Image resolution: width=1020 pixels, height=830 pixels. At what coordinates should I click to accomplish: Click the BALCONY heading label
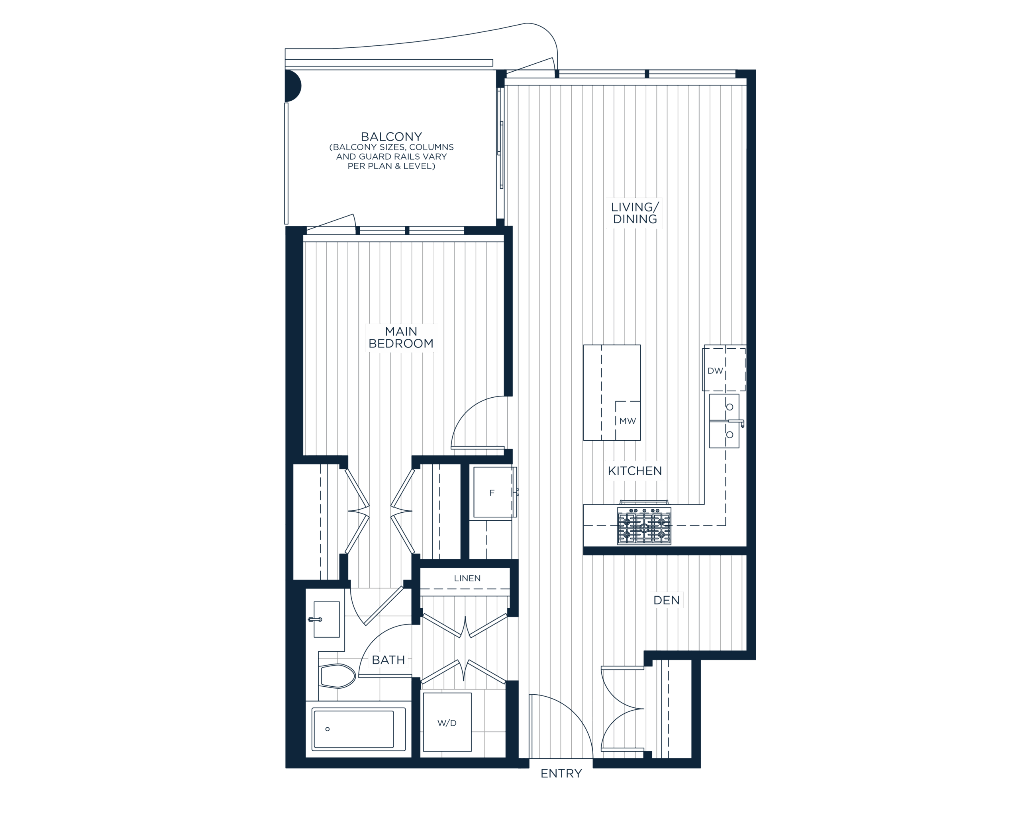(x=391, y=137)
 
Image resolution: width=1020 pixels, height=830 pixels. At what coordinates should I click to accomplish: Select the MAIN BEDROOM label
(x=401, y=338)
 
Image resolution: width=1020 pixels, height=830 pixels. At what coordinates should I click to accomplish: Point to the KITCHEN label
(x=634, y=471)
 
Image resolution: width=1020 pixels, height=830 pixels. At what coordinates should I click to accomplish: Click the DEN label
(x=666, y=600)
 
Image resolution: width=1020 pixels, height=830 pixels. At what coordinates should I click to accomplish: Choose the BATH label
(x=388, y=660)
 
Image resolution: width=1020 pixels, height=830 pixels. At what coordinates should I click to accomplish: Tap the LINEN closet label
(x=467, y=578)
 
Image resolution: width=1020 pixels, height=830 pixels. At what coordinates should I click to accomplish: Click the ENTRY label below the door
(x=561, y=773)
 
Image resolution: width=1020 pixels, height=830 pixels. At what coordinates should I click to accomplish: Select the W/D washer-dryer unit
(x=447, y=723)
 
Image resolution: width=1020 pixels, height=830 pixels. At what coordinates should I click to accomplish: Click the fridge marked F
(x=492, y=493)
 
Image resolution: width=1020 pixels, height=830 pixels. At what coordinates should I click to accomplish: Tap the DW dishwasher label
(x=715, y=371)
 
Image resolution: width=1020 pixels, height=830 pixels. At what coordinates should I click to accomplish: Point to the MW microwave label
(x=627, y=421)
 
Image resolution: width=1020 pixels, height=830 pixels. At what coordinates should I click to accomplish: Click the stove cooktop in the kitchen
(x=644, y=525)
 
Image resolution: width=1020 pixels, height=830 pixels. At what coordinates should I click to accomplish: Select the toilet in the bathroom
(x=337, y=675)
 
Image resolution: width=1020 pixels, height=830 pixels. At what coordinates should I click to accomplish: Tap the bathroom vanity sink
(x=326, y=620)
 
